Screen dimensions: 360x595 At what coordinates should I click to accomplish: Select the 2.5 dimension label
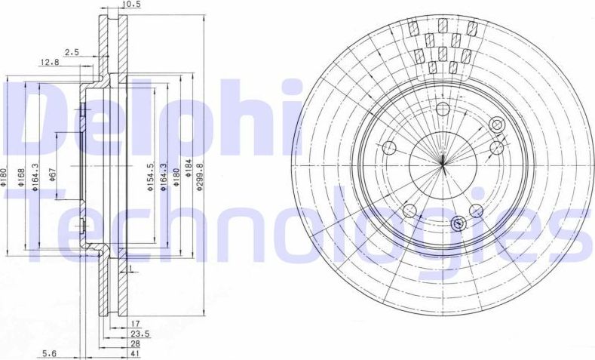72,52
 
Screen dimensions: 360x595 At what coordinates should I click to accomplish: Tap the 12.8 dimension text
50,62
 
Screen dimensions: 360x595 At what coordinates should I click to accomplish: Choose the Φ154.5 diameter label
152,176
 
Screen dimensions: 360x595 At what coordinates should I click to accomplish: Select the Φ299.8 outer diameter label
199,177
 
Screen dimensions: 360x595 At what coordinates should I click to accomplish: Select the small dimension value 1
130,268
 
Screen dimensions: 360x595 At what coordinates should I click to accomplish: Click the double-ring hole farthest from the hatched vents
458,223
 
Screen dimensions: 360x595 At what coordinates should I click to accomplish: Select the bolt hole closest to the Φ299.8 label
389,147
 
